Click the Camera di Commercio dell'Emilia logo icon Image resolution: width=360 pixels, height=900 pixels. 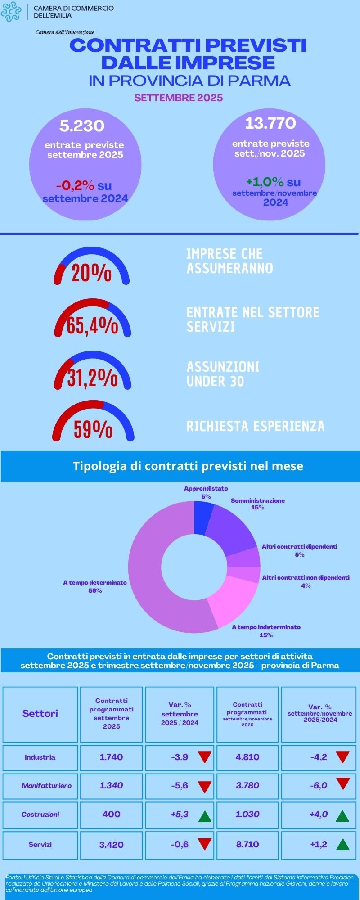[11, 12]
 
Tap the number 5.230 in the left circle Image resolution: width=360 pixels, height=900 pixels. [82, 126]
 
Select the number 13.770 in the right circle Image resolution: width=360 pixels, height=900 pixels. [270, 123]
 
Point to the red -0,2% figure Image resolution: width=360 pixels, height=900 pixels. [75, 185]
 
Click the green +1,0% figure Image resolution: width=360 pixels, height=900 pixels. [265, 182]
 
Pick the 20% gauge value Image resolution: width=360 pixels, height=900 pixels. [91, 273]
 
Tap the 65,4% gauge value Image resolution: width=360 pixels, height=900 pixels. [92, 325]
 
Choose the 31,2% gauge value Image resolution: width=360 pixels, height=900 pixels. [93, 378]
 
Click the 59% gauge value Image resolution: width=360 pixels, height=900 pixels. [93, 429]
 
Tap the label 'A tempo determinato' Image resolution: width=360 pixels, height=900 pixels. [95, 582]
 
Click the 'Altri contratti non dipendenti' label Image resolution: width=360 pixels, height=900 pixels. [306, 577]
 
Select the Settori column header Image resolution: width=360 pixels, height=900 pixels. [40, 713]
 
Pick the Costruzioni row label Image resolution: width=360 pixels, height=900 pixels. [40, 814]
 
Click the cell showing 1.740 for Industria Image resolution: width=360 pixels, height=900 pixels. [111, 757]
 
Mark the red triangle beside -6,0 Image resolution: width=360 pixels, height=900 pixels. [343, 785]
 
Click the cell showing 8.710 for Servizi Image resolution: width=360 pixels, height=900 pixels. [247, 844]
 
